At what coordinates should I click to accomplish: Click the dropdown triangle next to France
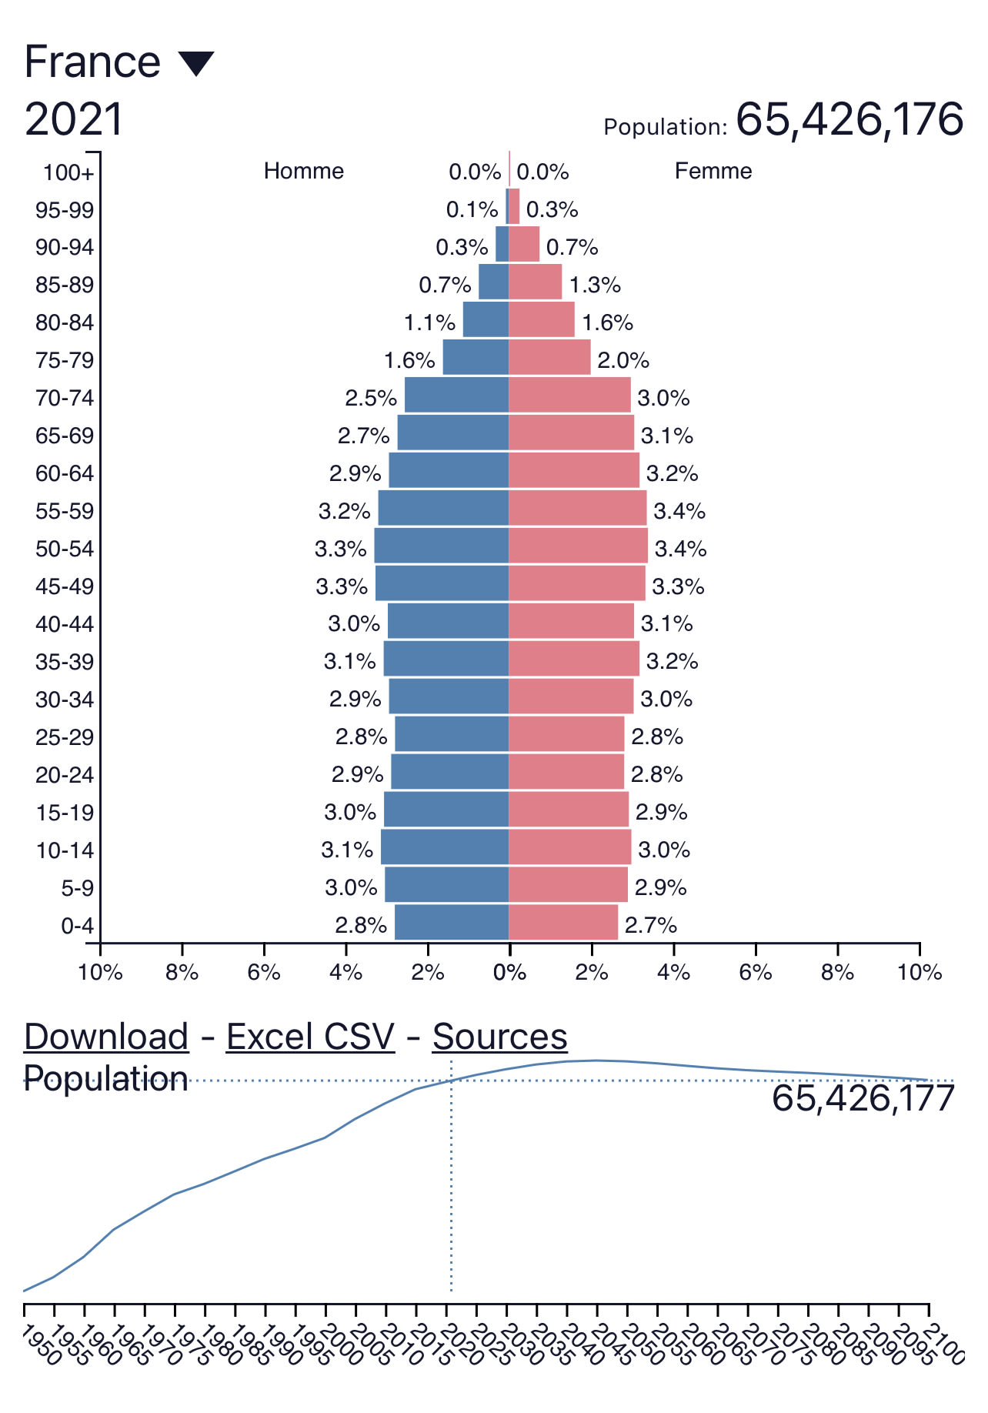point(196,63)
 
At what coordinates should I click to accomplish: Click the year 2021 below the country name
point(74,120)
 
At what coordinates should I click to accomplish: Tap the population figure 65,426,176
point(849,120)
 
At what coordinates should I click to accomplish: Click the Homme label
point(304,171)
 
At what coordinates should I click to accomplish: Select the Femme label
point(713,171)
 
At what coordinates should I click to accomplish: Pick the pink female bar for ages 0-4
point(563,923)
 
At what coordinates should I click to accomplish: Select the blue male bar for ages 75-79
point(476,358)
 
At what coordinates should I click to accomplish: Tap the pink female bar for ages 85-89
point(536,282)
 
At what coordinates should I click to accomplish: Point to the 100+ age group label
point(68,172)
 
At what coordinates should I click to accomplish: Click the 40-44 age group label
point(65,623)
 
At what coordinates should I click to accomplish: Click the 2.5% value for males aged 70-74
point(371,398)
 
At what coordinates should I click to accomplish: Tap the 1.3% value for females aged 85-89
point(595,285)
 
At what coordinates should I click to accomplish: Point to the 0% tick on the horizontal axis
point(509,973)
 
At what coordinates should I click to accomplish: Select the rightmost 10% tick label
point(920,973)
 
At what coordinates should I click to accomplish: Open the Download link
point(106,1037)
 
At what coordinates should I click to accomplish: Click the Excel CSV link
point(310,1037)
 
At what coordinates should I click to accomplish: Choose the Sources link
point(500,1037)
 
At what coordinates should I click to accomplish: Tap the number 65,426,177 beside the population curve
point(863,1098)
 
